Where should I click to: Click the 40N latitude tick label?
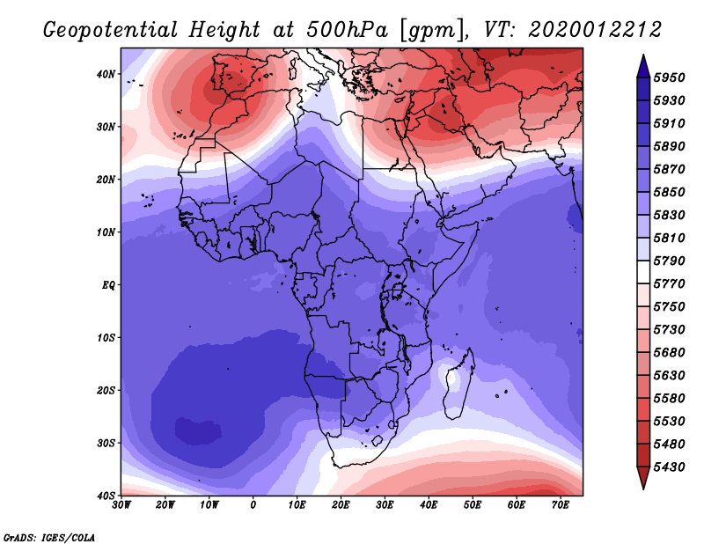pos(106,74)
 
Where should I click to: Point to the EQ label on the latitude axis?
pos(108,285)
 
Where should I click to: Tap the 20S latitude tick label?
pos(106,390)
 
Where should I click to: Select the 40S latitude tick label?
pos(106,496)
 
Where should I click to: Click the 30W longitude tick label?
pos(121,505)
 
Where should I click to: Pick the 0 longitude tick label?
pos(253,505)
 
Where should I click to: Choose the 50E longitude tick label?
pos(473,505)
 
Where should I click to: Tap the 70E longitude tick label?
pos(560,505)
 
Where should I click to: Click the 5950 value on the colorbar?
pos(669,77)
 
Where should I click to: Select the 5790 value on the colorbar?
pos(669,261)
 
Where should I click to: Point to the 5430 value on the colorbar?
pos(669,467)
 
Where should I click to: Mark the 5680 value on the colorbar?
pos(669,353)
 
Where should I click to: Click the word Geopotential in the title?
pos(111,30)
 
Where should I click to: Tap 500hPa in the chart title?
pos(347,30)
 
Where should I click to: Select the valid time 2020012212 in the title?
pos(595,30)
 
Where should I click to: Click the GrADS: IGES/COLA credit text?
pos(49,537)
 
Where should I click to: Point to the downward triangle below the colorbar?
pos(643,478)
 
